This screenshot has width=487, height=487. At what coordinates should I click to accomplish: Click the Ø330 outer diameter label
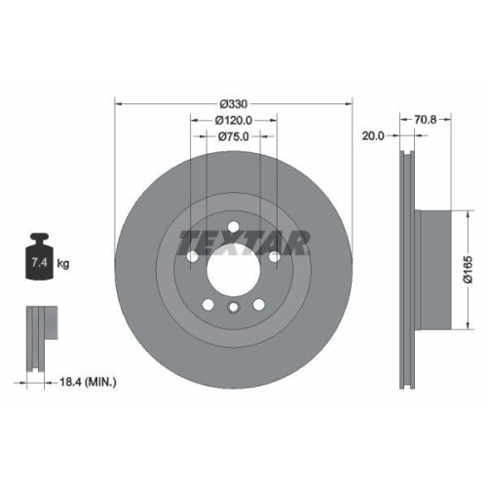(x=233, y=103)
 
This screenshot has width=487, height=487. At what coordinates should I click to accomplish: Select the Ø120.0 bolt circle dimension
(x=233, y=120)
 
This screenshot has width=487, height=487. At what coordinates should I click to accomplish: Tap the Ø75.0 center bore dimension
(x=233, y=136)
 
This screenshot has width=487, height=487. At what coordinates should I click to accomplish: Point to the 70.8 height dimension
(x=426, y=120)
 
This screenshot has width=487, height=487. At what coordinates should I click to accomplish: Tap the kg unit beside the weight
(x=62, y=263)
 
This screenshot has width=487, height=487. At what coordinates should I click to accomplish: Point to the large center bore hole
(x=233, y=268)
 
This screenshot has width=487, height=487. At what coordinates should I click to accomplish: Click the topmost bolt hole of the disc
(x=233, y=228)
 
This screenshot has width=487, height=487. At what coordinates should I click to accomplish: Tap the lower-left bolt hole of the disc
(x=207, y=305)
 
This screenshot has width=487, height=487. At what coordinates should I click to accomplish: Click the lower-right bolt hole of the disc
(x=258, y=305)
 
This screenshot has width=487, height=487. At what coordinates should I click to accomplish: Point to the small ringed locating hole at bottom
(x=233, y=309)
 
